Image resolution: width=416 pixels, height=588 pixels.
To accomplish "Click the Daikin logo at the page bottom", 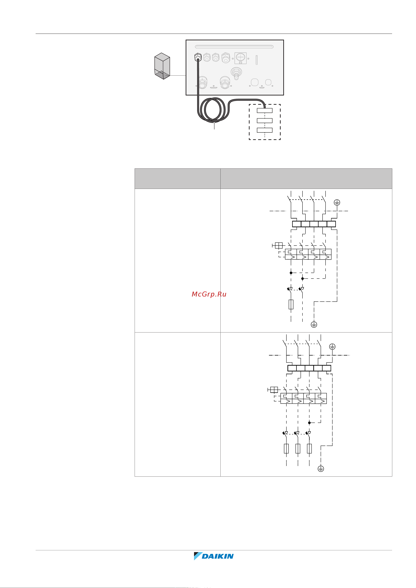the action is pyautogui.click(x=214, y=556).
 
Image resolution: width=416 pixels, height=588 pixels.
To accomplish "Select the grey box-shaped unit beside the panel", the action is pyautogui.click(x=162, y=66).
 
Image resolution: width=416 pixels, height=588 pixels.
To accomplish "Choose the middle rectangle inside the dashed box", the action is pyautogui.click(x=265, y=120).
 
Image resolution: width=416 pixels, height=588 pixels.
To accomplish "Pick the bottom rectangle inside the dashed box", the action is pyautogui.click(x=265, y=130).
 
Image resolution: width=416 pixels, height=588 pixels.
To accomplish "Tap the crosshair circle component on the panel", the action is pyautogui.click(x=240, y=57).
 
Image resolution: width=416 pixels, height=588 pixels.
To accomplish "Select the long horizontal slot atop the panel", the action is pyautogui.click(x=234, y=47).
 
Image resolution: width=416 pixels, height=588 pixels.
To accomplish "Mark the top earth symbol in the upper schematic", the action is pyautogui.click(x=337, y=203).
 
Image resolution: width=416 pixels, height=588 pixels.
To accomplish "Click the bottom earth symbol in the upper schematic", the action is pyautogui.click(x=314, y=324).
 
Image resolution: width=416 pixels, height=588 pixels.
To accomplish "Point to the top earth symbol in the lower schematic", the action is pyautogui.click(x=332, y=347).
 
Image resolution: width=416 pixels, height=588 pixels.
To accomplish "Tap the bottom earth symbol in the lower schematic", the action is pyautogui.click(x=321, y=469).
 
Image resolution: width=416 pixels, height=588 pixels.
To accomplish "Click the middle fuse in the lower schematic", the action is pyautogui.click(x=298, y=448).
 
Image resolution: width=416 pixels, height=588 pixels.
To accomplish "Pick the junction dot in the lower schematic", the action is pyautogui.click(x=309, y=423).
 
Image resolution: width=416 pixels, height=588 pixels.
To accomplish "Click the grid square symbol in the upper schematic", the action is pyautogui.click(x=279, y=246).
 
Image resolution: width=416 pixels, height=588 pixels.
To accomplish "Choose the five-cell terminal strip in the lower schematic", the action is pyautogui.click(x=309, y=368).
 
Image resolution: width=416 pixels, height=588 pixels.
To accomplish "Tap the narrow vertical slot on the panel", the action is pyautogui.click(x=257, y=60).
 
